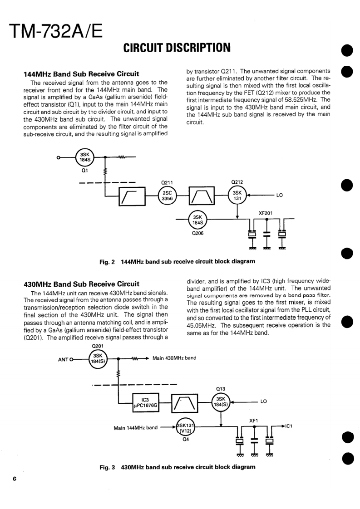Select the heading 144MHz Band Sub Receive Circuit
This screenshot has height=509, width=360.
pyautogui.click(x=81, y=74)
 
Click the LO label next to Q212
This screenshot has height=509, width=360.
pyautogui.click(x=279, y=196)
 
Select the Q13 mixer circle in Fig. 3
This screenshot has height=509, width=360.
pyautogui.click(x=221, y=402)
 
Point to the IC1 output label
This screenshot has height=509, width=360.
pyautogui.click(x=289, y=426)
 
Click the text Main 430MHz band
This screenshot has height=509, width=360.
pyautogui.click(x=174, y=358)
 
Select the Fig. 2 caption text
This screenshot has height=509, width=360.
pyautogui.click(x=177, y=261)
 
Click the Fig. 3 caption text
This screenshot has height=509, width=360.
pyautogui.click(x=177, y=467)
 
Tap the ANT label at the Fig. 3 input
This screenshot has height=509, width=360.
pyautogui.click(x=63, y=360)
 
